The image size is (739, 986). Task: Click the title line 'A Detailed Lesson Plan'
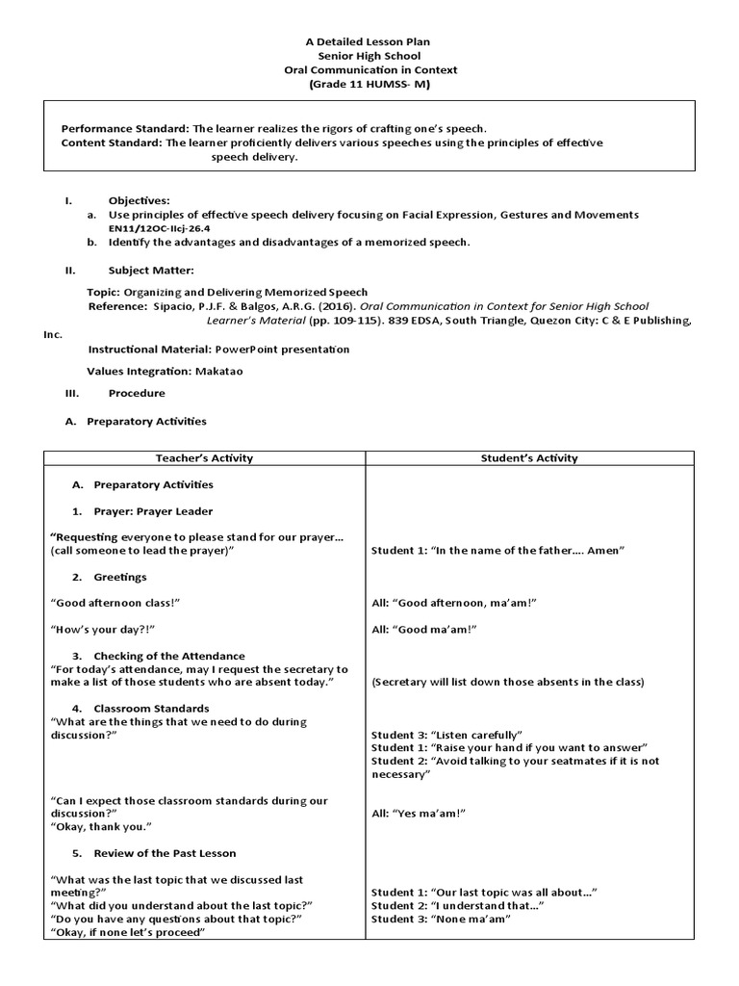click(369, 41)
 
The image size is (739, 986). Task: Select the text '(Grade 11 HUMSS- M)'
click(369, 85)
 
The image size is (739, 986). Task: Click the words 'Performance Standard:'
click(125, 128)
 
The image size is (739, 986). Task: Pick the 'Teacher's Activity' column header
click(204, 458)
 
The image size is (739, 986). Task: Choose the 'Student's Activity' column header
click(529, 458)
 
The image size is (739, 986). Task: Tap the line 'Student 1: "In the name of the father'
click(498, 550)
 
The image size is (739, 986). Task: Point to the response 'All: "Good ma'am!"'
click(424, 629)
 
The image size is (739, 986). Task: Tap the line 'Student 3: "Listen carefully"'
click(446, 735)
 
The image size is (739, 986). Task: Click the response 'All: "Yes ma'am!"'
click(419, 814)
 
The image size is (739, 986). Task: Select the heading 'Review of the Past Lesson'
click(165, 853)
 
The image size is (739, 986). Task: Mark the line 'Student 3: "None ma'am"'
click(440, 920)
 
